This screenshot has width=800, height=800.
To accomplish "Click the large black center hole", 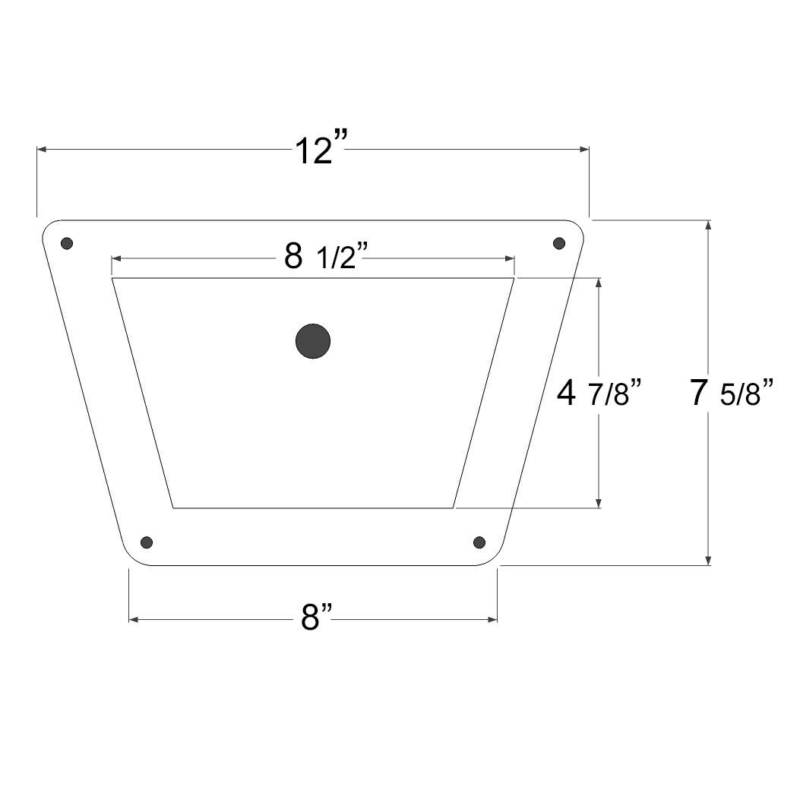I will pyautogui.click(x=313, y=341).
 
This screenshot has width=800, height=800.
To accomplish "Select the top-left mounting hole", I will pyautogui.click(x=67, y=243).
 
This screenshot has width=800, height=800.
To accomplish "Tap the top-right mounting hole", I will pyautogui.click(x=559, y=243).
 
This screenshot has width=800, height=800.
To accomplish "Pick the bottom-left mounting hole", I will pyautogui.click(x=147, y=542).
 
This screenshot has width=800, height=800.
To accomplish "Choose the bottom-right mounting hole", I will pyautogui.click(x=479, y=542).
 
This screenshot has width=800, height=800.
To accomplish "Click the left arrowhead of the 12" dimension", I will pyautogui.click(x=43, y=150).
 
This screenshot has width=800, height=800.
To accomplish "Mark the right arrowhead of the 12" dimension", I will pyautogui.click(x=583, y=150).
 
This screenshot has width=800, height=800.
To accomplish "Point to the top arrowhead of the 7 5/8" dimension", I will pyautogui.click(x=708, y=225).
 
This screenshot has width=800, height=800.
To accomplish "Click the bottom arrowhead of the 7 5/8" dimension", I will pyautogui.click(x=708, y=560).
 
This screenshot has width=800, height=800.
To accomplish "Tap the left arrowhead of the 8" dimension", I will pyautogui.click(x=134, y=619).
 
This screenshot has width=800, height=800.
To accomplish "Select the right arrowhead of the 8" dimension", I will pyautogui.click(x=492, y=619).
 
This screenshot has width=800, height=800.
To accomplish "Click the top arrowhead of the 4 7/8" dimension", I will pyautogui.click(x=599, y=283).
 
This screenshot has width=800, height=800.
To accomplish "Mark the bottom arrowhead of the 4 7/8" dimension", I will pyautogui.click(x=599, y=502).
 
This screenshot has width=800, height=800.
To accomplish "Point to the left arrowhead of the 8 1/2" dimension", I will pyautogui.click(x=117, y=259).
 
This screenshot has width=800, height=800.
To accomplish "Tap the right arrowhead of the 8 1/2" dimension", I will pyautogui.click(x=510, y=259).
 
